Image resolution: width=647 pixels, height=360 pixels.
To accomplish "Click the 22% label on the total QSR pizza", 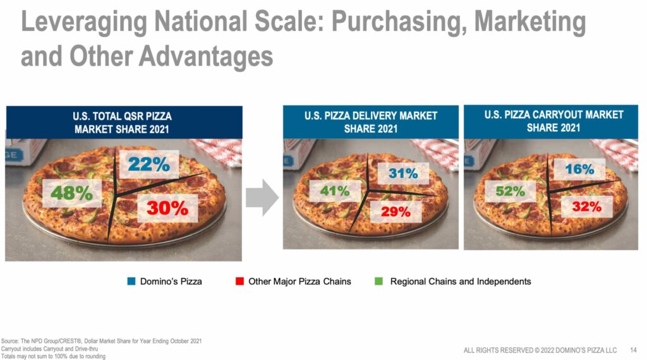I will click(148, 165).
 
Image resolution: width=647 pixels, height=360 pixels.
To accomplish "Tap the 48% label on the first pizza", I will click(71, 193).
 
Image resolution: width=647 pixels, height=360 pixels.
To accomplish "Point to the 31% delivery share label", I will click(403, 173).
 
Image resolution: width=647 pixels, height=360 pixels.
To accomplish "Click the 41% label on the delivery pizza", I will click(334, 190).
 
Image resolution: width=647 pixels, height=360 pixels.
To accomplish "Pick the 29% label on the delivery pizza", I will click(396, 212).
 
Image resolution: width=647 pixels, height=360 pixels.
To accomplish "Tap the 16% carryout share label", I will click(579, 169).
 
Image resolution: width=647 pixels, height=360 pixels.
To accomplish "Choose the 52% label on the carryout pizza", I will click(509, 191).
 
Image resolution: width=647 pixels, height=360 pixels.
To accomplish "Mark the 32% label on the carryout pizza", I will click(586, 206).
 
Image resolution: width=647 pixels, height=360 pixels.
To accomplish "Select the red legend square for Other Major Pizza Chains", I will click(239, 281).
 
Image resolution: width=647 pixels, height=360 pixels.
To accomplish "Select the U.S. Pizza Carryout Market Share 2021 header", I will click(553, 121).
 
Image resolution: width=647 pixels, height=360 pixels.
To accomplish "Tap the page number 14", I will click(633, 350).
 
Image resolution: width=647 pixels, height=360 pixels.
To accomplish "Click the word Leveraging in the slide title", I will click(80, 23).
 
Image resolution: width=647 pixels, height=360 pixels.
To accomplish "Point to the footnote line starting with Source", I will click(101, 341).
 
